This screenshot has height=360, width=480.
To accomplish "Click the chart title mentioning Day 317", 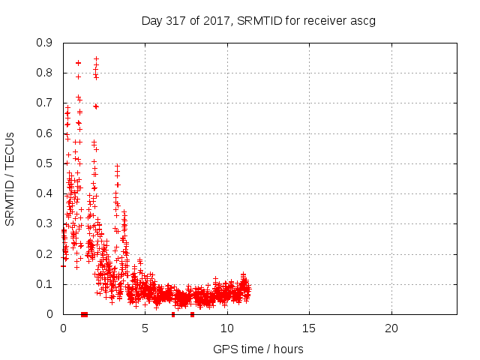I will coord(259,20).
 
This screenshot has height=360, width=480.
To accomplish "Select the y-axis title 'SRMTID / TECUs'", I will coord(10,179).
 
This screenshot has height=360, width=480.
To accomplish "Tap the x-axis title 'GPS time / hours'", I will coord(259,349).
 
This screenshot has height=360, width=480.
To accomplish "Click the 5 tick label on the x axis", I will coord(145,328).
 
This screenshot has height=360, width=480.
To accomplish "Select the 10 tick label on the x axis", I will coord(226,328).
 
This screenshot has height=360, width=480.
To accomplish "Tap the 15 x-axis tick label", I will coord(309,328).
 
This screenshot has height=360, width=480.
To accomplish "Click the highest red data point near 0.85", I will coord(96,58).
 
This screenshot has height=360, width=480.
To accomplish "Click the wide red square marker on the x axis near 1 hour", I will coord(84,314).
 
